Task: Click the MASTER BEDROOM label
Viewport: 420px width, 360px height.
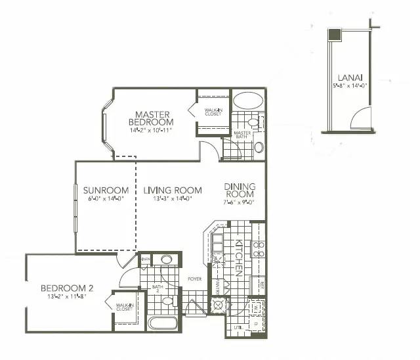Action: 150,118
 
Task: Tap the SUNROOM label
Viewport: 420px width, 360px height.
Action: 105,191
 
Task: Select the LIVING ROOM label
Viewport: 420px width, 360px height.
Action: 173,191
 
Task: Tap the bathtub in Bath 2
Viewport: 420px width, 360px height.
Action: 162,323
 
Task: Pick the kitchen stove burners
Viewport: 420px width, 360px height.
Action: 259,249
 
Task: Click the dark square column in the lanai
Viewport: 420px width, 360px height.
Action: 335,35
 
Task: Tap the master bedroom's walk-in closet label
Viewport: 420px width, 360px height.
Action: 213,112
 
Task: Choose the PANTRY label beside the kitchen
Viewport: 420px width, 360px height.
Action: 218,286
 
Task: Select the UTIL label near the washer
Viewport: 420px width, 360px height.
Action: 238,326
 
